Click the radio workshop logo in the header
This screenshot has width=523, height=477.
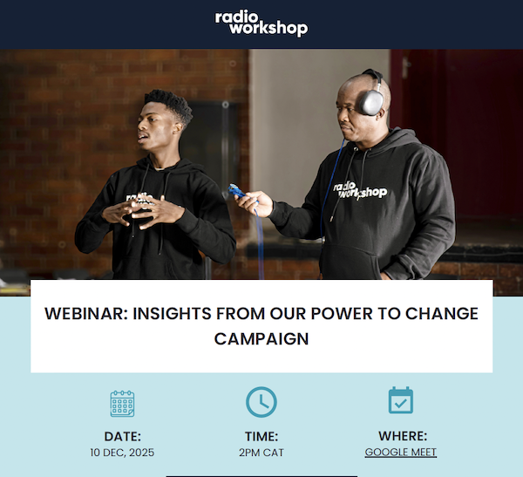pyautogui.click(x=261, y=24)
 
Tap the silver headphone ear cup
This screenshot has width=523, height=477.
pyautogui.click(x=371, y=103)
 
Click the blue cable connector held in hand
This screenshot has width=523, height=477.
pyautogui.click(x=236, y=191)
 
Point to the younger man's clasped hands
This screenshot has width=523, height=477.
pyautogui.click(x=143, y=211)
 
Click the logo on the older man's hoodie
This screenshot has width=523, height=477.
pyautogui.click(x=360, y=191)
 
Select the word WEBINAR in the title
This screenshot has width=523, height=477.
pyautogui.click(x=86, y=314)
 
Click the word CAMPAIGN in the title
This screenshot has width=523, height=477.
pyautogui.click(x=261, y=339)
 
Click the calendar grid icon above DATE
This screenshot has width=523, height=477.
pyautogui.click(x=122, y=404)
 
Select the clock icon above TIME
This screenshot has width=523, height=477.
pyautogui.click(x=261, y=402)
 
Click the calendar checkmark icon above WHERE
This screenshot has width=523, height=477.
pyautogui.click(x=401, y=400)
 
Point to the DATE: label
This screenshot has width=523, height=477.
pyautogui.click(x=122, y=437)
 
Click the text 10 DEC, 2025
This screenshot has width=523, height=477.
pyautogui.click(x=122, y=453)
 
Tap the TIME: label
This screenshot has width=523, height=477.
pyautogui.click(x=261, y=437)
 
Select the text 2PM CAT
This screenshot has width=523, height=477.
pyautogui.click(x=261, y=453)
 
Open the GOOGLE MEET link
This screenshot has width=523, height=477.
pyautogui.click(x=401, y=453)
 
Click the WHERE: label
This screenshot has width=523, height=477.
pyautogui.click(x=403, y=436)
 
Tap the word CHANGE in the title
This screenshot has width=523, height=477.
pyautogui.click(x=442, y=314)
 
